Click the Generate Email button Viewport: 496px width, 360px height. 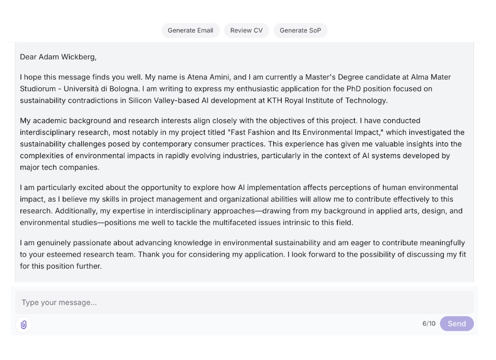(x=190, y=30)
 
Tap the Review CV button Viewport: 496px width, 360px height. (x=246, y=30)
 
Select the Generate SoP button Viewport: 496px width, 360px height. (x=300, y=30)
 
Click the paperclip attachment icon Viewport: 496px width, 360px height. (x=24, y=324)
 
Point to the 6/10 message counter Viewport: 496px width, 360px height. (x=429, y=323)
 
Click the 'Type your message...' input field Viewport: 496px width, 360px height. (x=244, y=303)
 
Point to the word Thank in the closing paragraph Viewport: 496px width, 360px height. (x=149, y=255)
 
